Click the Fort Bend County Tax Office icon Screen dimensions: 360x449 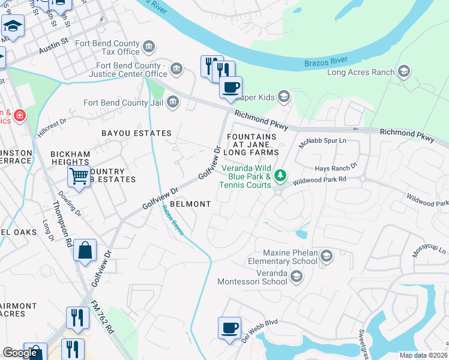click(x=149, y=46)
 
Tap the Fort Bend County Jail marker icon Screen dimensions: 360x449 click(x=172, y=103)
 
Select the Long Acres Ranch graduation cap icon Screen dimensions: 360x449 click(x=404, y=72)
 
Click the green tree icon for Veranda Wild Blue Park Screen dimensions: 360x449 click(x=279, y=175)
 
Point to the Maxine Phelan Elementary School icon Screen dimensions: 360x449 click(x=326, y=256)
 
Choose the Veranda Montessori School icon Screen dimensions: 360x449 click(x=296, y=276)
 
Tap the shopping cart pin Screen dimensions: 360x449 click(x=79, y=176)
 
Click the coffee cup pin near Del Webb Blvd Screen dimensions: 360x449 click(x=229, y=328)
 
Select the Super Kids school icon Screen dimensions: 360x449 click(x=284, y=97)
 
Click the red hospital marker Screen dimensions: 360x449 click(x=20, y=114)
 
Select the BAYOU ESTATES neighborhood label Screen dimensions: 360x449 click(x=136, y=133)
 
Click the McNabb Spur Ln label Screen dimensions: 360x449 click(x=323, y=142)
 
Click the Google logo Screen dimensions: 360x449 click(x=20, y=353)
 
